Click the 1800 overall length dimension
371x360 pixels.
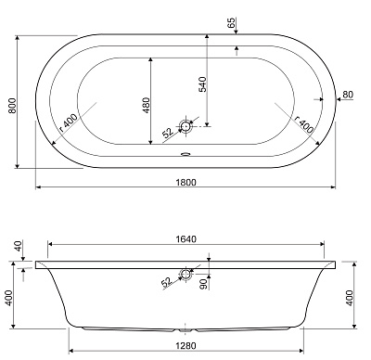point(185,183)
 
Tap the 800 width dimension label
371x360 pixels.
point(12,106)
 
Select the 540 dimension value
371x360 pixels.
point(202,84)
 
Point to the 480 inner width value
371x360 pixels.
point(146,105)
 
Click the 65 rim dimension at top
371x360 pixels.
point(232,22)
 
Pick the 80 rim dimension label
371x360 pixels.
point(348,95)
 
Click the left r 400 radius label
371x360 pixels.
point(68,122)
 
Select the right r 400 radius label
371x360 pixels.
point(303,124)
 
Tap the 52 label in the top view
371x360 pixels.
point(168,133)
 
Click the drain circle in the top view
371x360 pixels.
point(185,126)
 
